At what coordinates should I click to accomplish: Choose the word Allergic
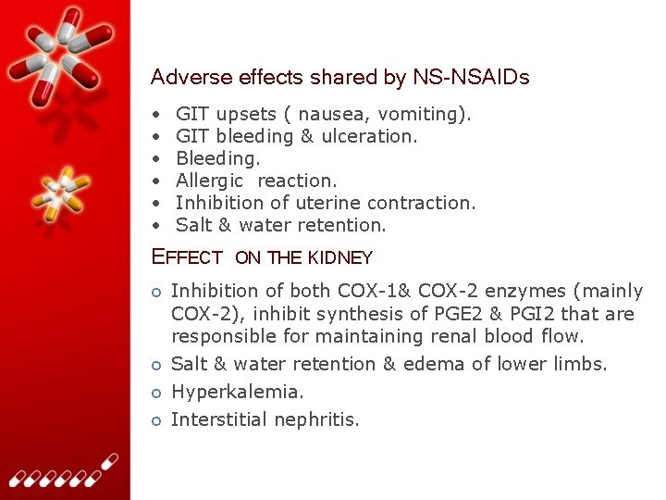click(x=209, y=181)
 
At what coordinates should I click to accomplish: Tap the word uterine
click(x=331, y=203)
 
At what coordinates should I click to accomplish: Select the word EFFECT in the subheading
click(x=187, y=257)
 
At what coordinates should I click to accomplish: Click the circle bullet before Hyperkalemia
click(x=157, y=393)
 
